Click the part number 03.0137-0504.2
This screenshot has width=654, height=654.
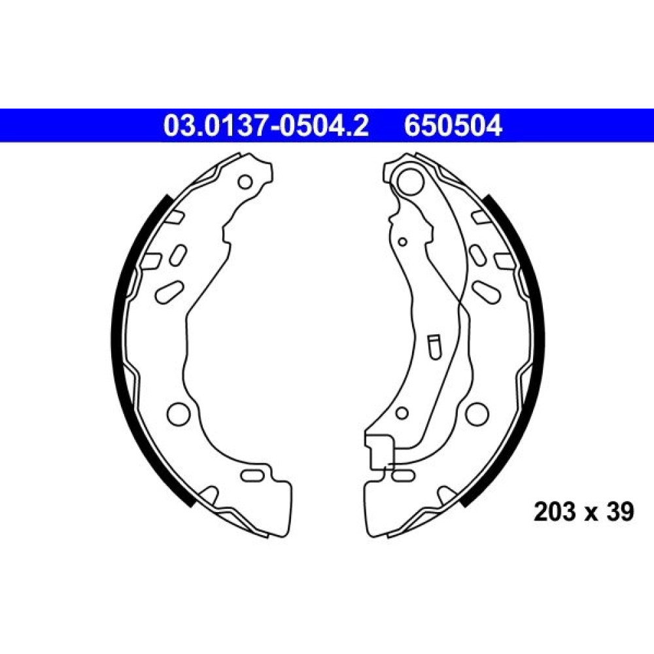click(266, 126)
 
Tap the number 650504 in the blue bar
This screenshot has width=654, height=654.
click(453, 126)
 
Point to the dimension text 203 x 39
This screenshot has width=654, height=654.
click(583, 511)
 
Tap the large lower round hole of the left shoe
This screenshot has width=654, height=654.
click(179, 414)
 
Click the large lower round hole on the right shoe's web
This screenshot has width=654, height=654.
click(477, 414)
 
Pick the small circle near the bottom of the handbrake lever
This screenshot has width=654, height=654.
click(402, 413)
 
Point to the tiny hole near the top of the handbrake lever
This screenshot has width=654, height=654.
click(402, 241)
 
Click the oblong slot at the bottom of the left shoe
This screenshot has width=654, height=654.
click(252, 475)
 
